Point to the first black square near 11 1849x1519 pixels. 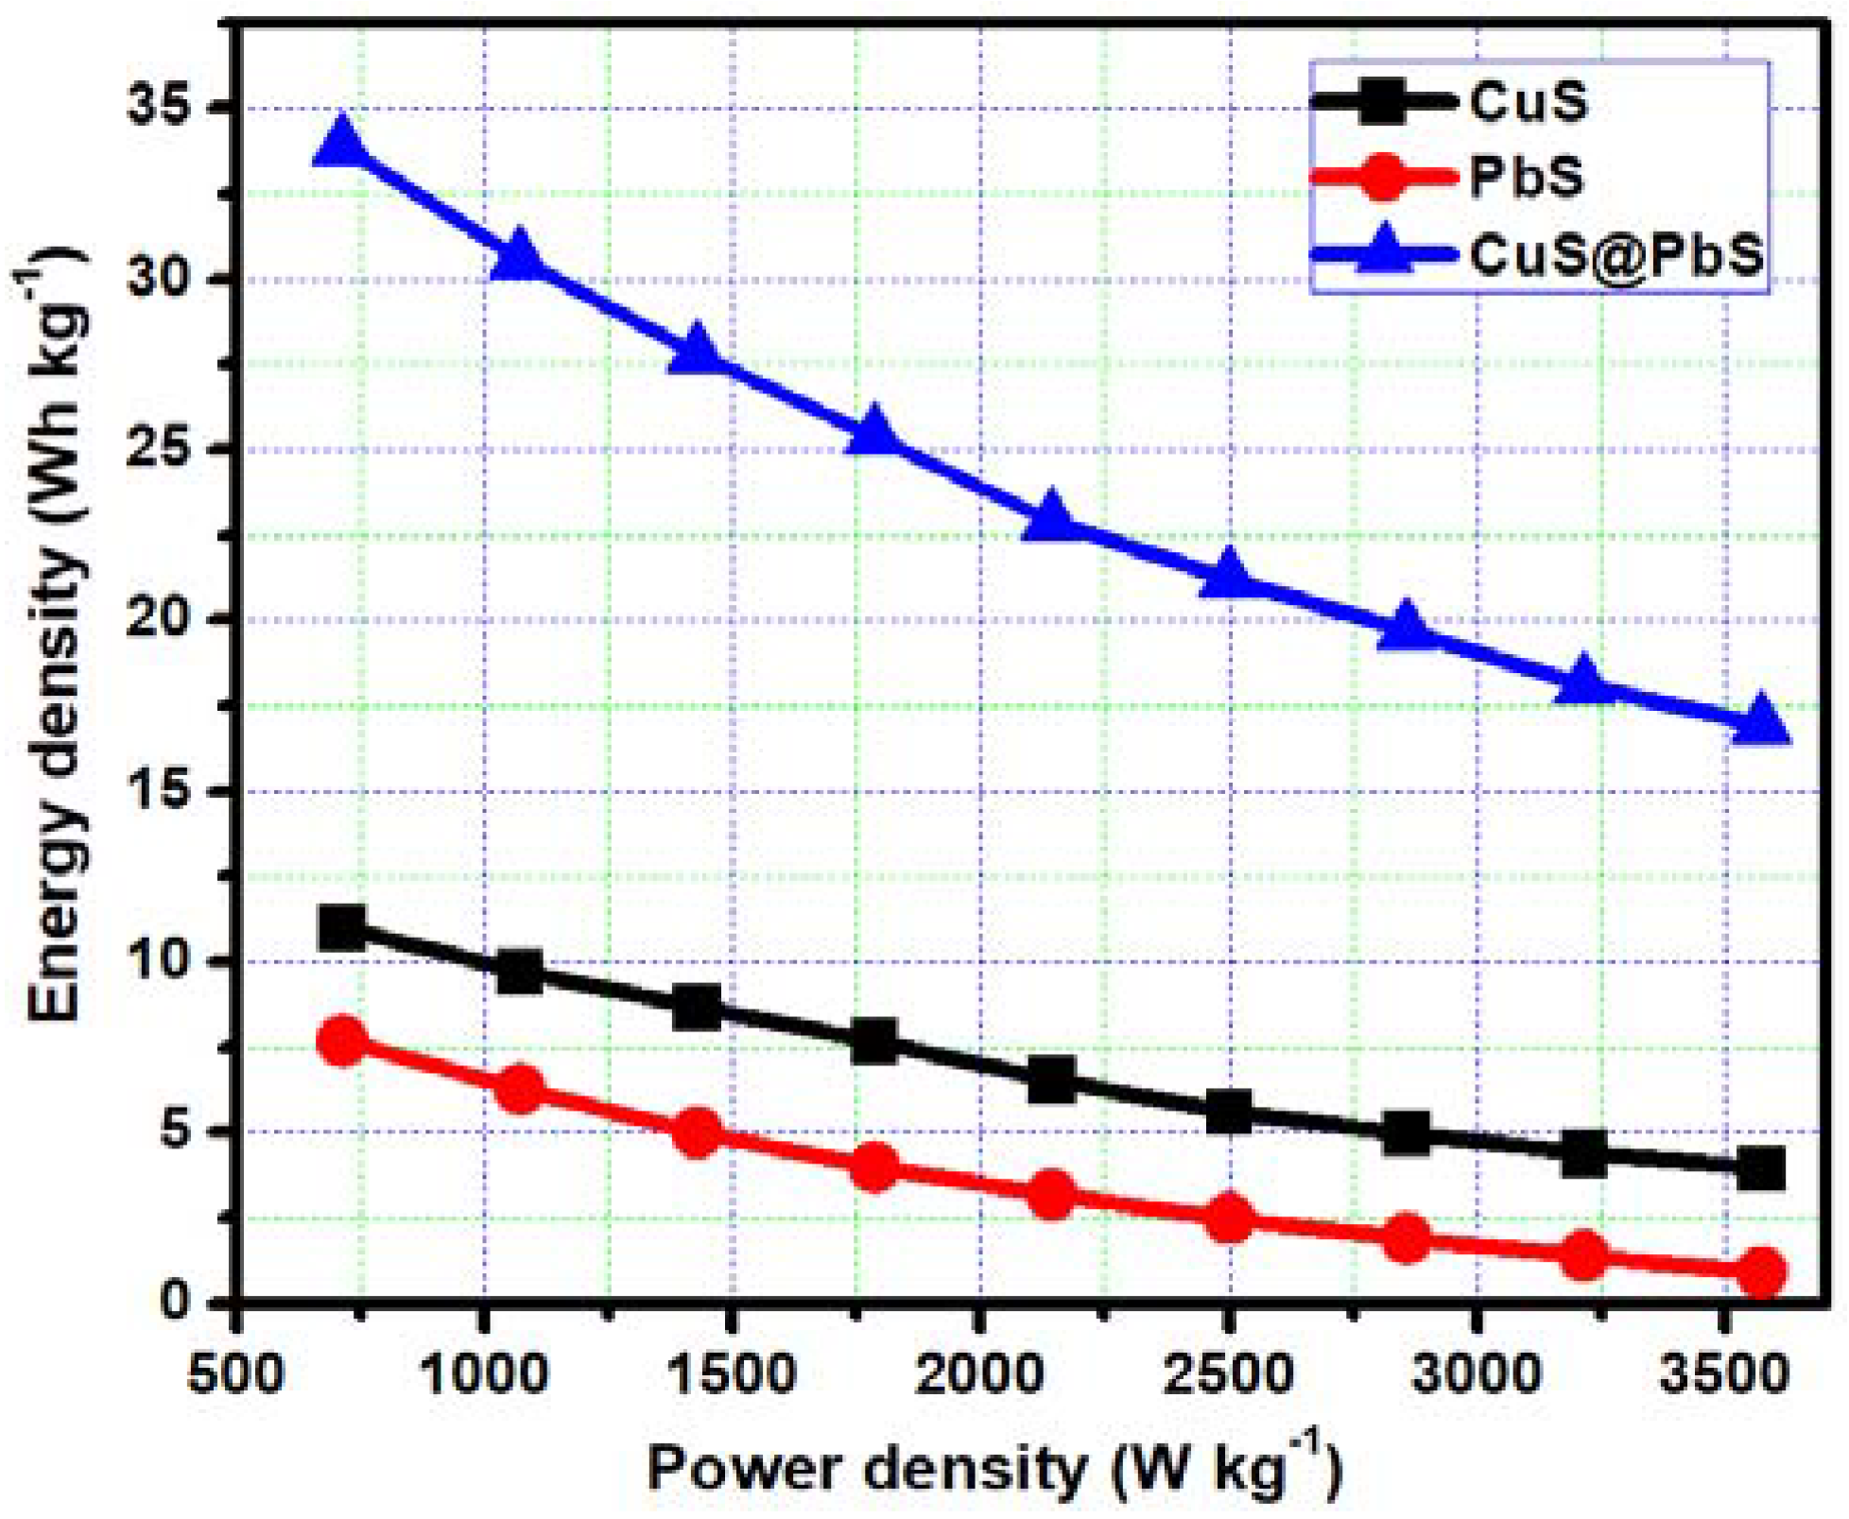[342, 928]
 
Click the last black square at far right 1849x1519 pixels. [1761, 1168]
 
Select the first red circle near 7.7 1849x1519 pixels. [342, 1042]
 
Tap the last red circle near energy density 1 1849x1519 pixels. [1761, 1270]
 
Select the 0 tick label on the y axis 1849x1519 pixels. [174, 1302]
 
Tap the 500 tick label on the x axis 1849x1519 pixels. [235, 1372]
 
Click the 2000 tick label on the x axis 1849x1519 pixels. [980, 1372]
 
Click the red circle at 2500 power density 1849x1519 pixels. [1229, 1217]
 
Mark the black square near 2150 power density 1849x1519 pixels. [1051, 1079]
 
